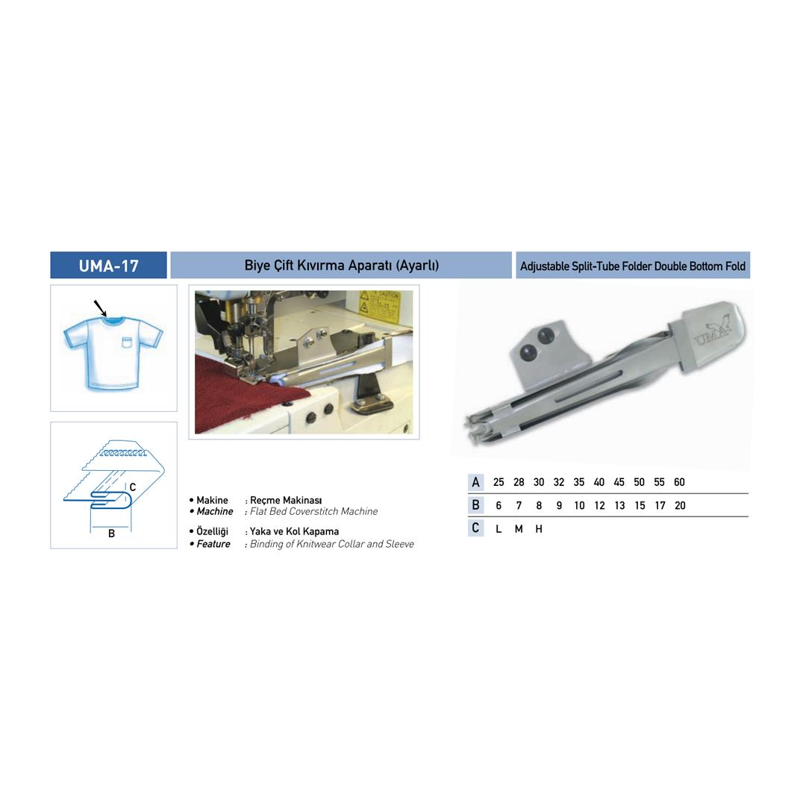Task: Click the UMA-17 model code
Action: pyautogui.click(x=108, y=266)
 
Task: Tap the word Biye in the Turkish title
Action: pyautogui.click(x=256, y=265)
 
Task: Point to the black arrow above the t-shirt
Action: pyautogui.click(x=100, y=308)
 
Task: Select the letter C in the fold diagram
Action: pyautogui.click(x=133, y=487)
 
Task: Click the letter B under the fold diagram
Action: pyautogui.click(x=111, y=534)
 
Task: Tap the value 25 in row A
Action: pyautogui.click(x=498, y=482)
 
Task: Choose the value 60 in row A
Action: pyautogui.click(x=679, y=482)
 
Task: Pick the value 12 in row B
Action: pyautogui.click(x=599, y=506)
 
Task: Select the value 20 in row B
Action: pyautogui.click(x=680, y=506)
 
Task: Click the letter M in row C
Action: pyautogui.click(x=519, y=529)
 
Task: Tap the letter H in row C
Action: pyautogui.click(x=539, y=529)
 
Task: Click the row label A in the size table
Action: pyautogui.click(x=475, y=482)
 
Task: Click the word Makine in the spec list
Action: pyautogui.click(x=212, y=500)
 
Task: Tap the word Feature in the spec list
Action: pyautogui.click(x=213, y=544)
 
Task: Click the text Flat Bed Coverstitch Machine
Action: pyautogui.click(x=313, y=511)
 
